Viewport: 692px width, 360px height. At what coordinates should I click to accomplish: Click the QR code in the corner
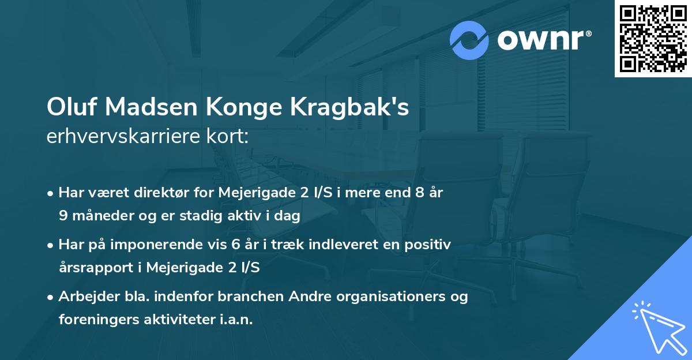[x=653, y=39]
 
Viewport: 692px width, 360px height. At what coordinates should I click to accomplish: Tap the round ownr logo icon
[x=469, y=40]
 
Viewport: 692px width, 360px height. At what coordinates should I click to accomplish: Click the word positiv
[x=428, y=245]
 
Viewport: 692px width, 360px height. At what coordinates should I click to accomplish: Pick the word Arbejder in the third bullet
[x=85, y=297]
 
